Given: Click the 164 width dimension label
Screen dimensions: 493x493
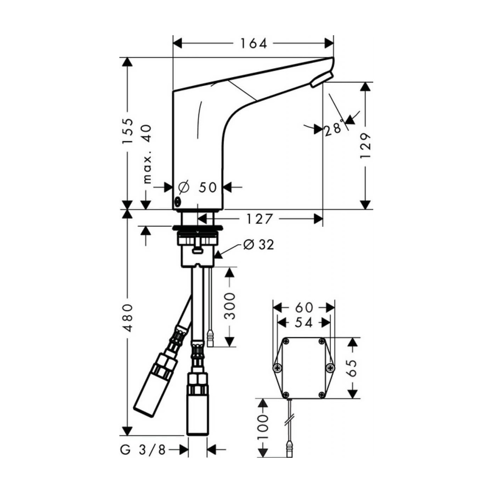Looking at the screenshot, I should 254,43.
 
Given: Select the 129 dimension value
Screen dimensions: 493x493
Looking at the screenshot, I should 366,145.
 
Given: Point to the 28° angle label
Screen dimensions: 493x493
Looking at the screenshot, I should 333,128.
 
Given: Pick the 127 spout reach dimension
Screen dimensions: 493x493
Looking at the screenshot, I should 259,219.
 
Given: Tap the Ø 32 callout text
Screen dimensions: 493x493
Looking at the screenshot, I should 258,244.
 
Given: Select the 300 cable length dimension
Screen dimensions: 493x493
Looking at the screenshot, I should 230,306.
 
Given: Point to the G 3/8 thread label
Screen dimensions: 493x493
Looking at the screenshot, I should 143,450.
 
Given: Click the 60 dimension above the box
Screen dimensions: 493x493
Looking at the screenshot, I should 304,307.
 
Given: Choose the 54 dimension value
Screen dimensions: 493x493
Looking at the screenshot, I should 304,322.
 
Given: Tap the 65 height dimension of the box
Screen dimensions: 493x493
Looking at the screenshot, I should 352,368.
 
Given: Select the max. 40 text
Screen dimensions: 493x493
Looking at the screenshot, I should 147,154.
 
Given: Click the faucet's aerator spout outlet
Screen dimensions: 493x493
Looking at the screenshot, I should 322,80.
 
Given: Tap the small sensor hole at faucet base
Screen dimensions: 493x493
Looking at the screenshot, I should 178,202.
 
